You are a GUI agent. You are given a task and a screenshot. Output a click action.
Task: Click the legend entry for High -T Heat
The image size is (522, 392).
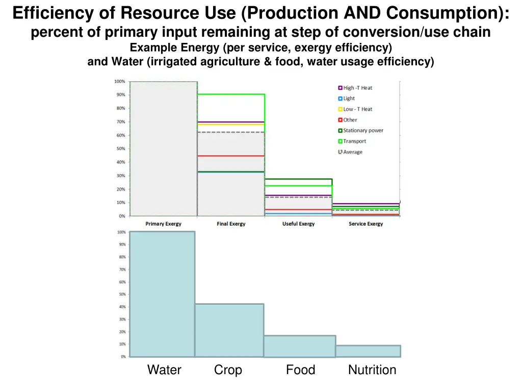click(x=357, y=88)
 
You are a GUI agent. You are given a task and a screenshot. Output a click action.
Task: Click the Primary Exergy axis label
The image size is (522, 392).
click(x=163, y=224)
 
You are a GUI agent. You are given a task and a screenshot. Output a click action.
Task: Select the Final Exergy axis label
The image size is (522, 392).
click(x=231, y=224)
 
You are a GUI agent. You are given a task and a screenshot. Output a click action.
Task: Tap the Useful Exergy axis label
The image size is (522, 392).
click(x=298, y=224)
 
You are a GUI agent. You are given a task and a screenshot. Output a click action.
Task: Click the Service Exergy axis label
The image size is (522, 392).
click(x=366, y=224)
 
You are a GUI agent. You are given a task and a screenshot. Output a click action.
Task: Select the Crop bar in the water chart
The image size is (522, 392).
click(x=229, y=330)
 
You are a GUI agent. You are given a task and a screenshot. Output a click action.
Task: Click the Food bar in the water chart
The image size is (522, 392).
click(x=299, y=346)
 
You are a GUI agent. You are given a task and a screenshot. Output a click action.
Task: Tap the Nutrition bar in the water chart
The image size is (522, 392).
click(x=368, y=351)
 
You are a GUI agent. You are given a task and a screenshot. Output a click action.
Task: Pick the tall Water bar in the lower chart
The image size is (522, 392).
click(x=162, y=294)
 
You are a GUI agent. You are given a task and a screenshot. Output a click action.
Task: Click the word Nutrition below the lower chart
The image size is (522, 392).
click(x=372, y=370)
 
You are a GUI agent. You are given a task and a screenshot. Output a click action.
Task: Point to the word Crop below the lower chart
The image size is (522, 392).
click(x=228, y=370)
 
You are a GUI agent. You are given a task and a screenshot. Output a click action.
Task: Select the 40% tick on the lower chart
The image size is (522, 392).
click(x=123, y=307)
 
